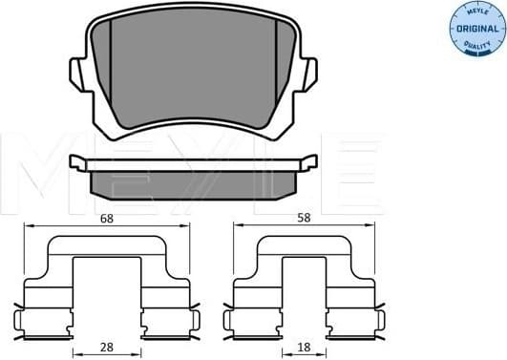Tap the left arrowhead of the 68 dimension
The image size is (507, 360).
click(x=28, y=225)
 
